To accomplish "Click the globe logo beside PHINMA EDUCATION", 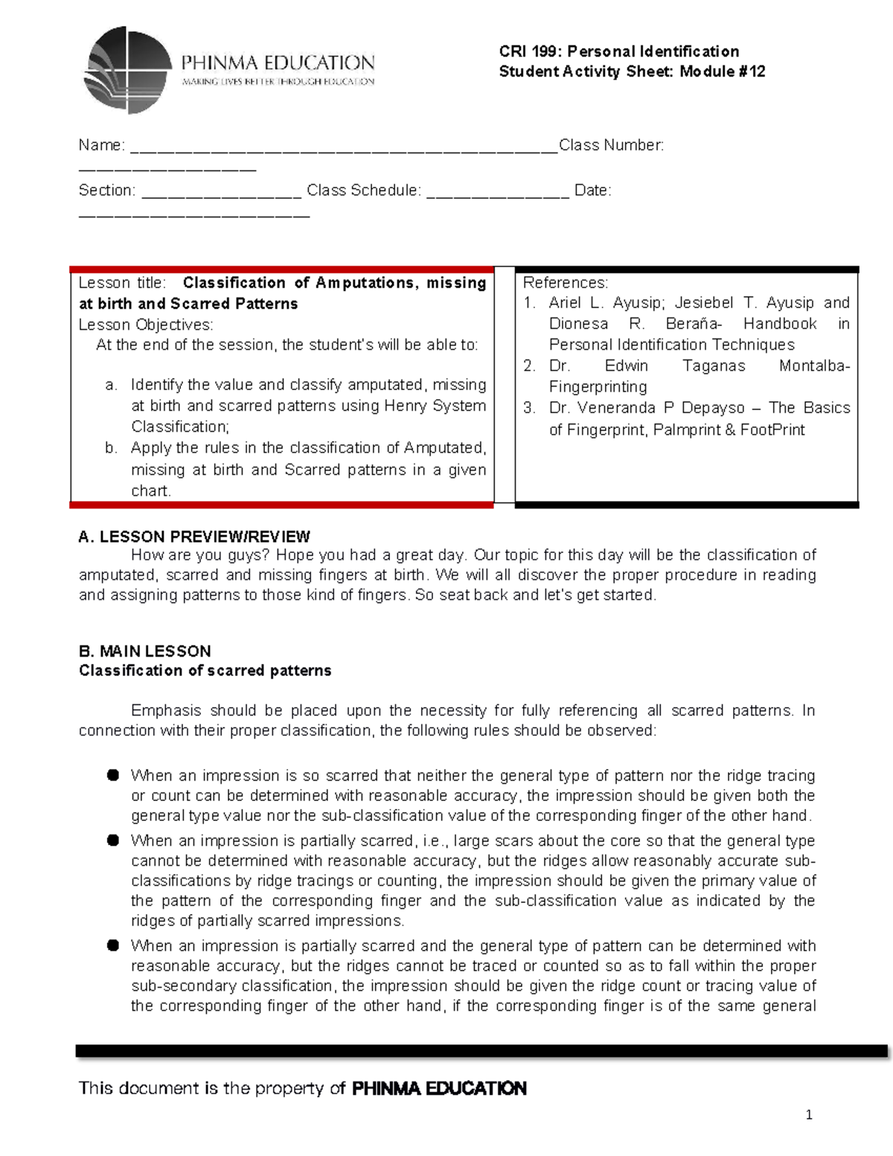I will (x=127, y=69).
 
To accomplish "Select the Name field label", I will (x=101, y=145).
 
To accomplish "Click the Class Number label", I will (x=611, y=145).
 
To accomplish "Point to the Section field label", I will (x=106, y=191).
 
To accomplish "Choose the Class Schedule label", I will (x=363, y=191).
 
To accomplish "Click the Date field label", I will (x=592, y=191).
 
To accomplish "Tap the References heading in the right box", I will (x=565, y=283).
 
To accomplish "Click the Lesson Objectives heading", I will (x=146, y=325).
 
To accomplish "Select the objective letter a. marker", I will (x=112, y=385).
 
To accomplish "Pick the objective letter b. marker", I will (x=112, y=448).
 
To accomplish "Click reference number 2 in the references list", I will (x=529, y=365).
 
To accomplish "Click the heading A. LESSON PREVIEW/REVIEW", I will (x=194, y=537).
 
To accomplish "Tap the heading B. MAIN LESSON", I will (x=145, y=651).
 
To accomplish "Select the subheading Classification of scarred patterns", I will (x=205, y=671).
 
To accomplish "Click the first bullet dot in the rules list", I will (x=113, y=776).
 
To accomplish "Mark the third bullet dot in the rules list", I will (x=113, y=946).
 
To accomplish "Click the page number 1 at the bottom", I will (x=809, y=1115).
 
